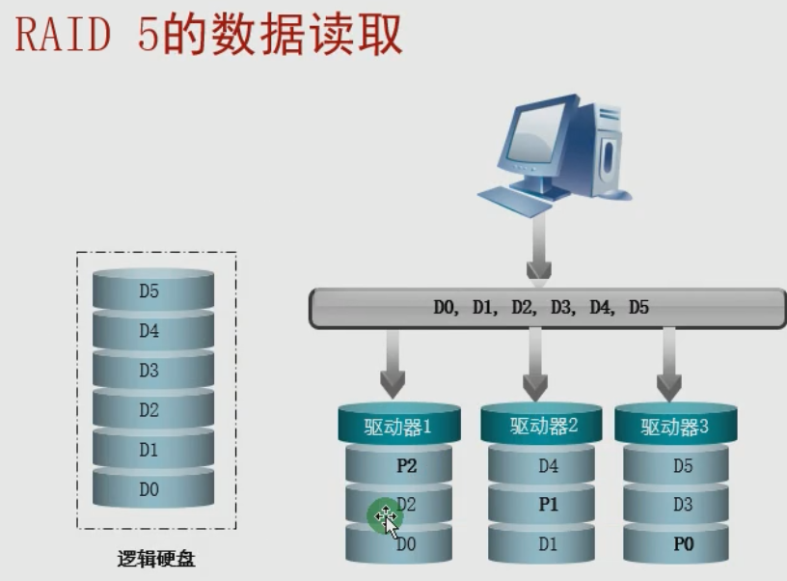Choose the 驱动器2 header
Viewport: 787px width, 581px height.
(543, 426)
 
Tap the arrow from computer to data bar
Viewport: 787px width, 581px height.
(537, 256)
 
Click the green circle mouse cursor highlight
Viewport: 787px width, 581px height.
(385, 516)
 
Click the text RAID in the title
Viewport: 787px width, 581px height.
(71, 37)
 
